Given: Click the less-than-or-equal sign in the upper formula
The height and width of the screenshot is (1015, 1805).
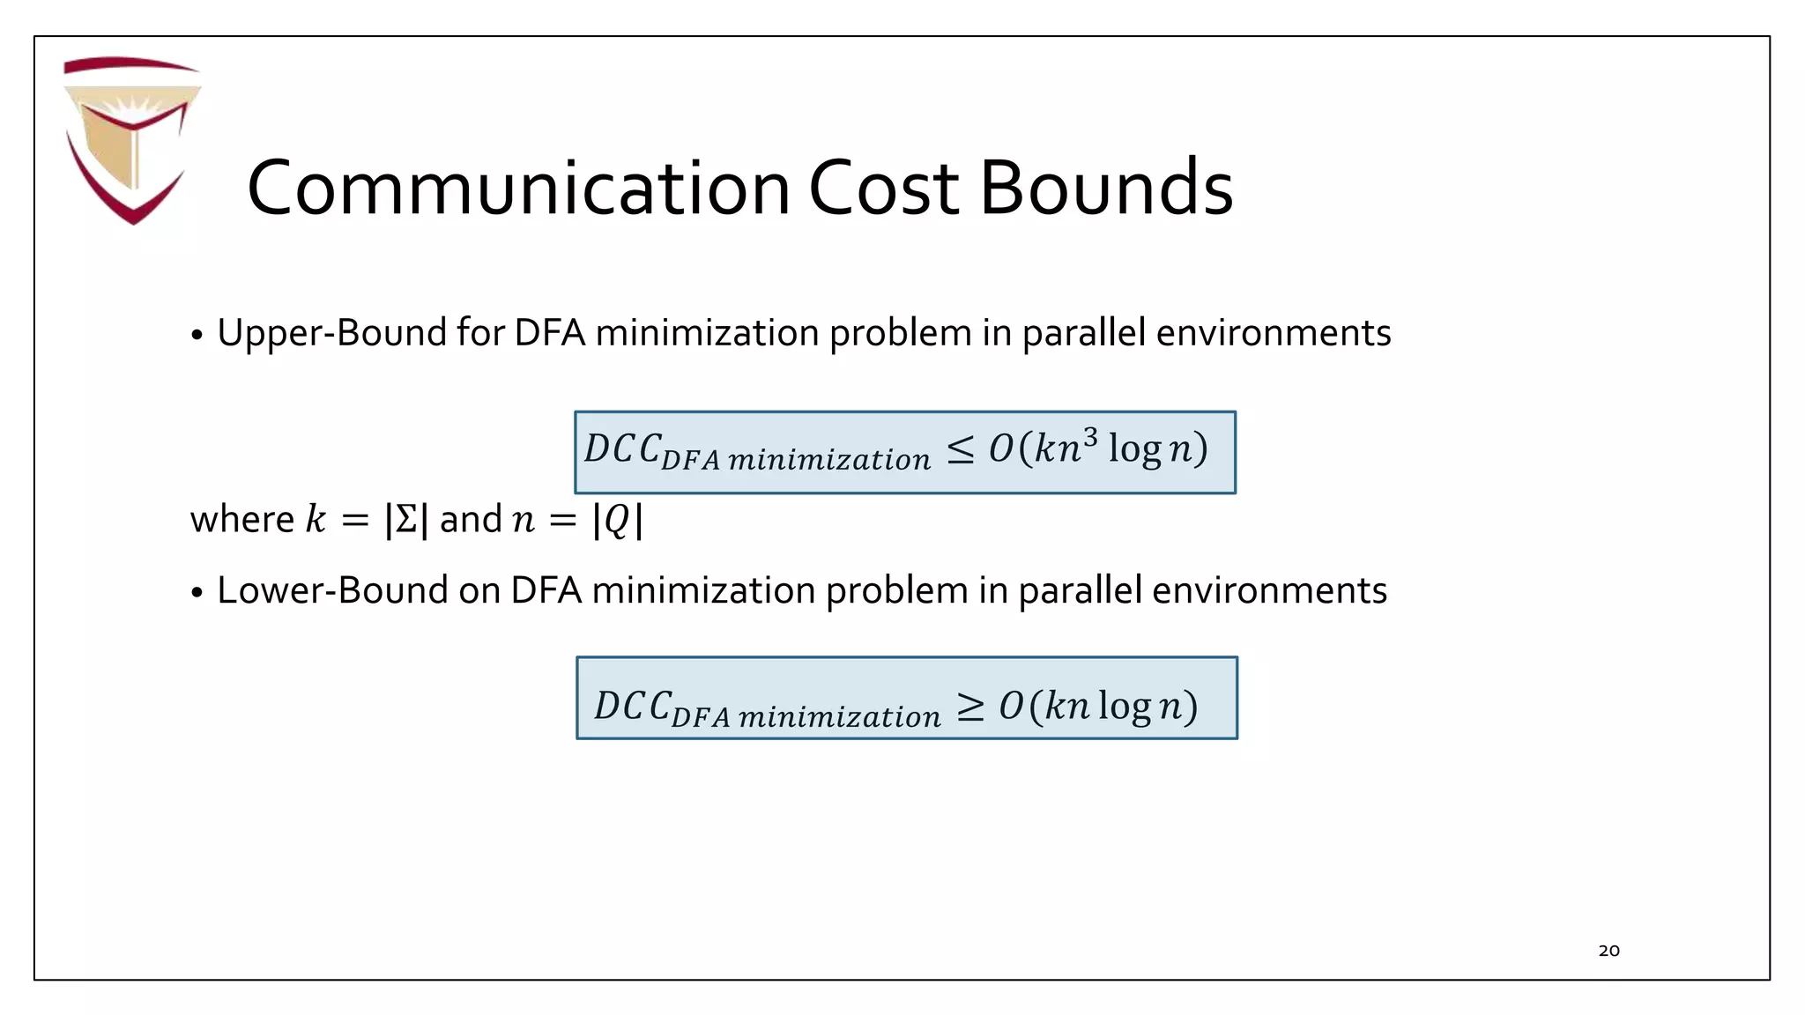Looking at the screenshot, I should tap(961, 450).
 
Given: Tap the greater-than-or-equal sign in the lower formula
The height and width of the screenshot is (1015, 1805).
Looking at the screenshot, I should tap(970, 707).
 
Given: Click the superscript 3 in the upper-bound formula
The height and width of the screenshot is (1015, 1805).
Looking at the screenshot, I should tap(1090, 437).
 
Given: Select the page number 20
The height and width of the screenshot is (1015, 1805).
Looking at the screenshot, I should tap(1608, 951).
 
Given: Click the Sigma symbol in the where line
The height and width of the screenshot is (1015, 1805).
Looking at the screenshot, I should tap(406, 520).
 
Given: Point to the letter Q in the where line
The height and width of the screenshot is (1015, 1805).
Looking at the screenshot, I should tap(617, 520).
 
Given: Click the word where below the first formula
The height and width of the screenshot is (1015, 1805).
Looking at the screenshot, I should tap(241, 520).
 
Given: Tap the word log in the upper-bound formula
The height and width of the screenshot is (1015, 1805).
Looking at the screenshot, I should tap(1135, 449).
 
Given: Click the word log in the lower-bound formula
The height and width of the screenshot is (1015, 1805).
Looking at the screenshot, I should tap(1125, 707).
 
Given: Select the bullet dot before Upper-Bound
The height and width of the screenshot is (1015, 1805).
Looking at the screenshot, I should tap(197, 336).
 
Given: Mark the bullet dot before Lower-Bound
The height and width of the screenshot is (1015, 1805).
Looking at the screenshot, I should tap(197, 593).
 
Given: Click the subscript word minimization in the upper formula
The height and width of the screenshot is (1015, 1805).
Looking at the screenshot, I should tap(829, 460).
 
